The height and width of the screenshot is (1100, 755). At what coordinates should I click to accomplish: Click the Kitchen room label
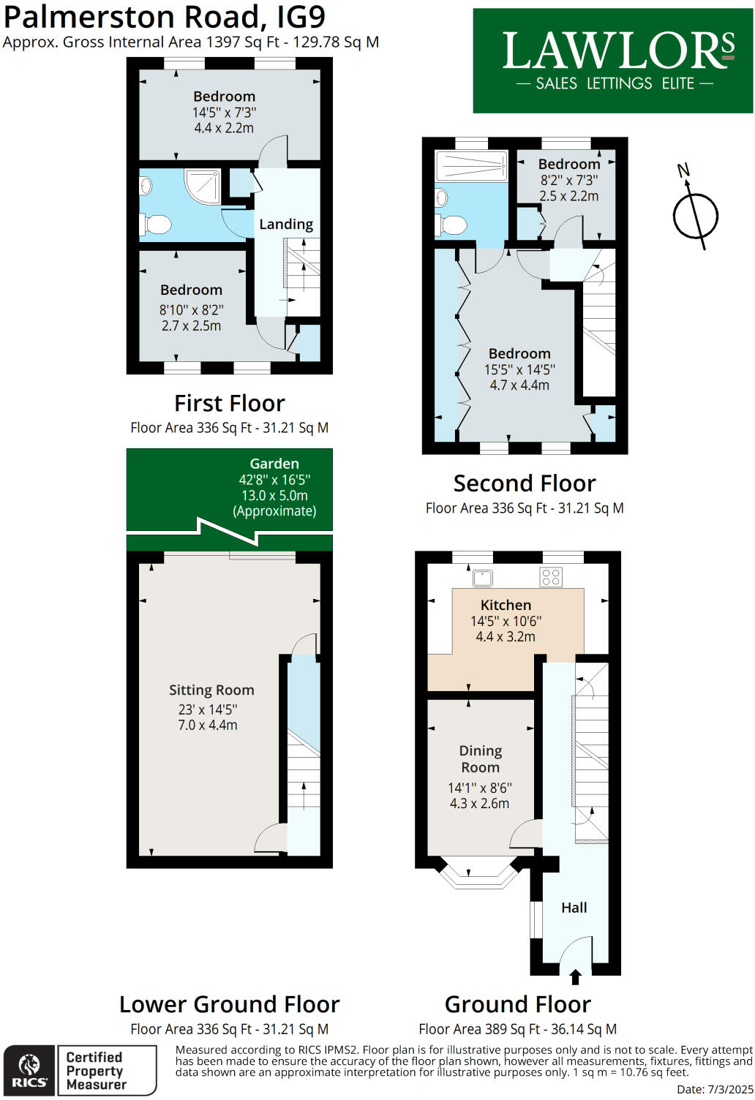point(506,605)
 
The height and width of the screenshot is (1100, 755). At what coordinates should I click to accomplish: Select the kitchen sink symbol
point(483,578)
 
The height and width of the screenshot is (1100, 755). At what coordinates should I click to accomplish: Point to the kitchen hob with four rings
point(551,577)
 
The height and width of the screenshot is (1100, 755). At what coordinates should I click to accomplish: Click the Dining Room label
point(480,759)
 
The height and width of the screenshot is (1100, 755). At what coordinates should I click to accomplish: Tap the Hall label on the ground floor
point(574,908)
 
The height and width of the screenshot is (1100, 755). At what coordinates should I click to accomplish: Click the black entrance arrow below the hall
point(575,977)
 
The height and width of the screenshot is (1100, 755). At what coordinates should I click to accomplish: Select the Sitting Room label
point(211,690)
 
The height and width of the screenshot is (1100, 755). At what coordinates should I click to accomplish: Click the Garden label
point(274,464)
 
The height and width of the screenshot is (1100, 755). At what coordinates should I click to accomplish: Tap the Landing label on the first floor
point(286,225)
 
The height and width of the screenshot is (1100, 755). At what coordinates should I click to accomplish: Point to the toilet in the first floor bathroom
point(157,224)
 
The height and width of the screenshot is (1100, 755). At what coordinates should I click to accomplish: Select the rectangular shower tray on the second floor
point(472,166)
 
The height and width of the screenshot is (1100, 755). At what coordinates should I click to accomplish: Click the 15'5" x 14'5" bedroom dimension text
point(519,369)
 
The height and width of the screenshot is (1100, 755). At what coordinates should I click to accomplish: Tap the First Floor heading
point(229,404)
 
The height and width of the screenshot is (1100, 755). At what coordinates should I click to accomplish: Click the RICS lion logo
point(29,1070)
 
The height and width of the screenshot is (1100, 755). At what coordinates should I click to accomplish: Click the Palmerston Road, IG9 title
point(165,16)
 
